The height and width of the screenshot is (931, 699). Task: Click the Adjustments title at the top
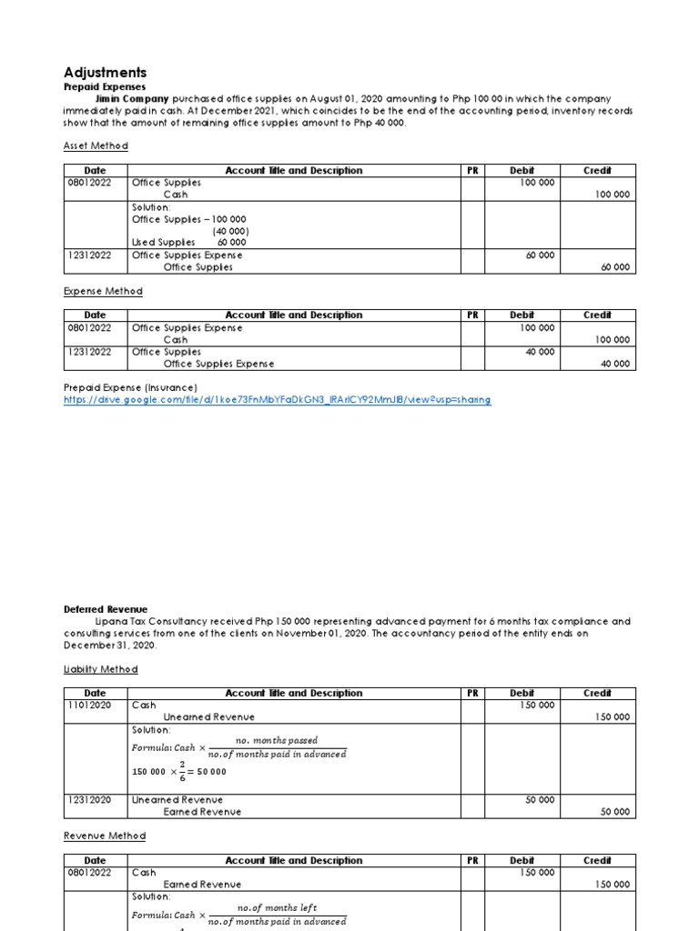(105, 72)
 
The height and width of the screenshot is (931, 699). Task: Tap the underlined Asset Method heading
(96, 145)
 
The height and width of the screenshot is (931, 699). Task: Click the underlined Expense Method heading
(103, 291)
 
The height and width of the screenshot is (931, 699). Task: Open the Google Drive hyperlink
(277, 400)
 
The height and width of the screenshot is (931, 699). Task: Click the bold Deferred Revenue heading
(106, 609)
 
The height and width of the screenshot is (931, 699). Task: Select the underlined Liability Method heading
(100, 669)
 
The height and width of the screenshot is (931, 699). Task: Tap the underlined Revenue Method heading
(104, 836)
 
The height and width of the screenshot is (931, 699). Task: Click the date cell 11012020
(89, 705)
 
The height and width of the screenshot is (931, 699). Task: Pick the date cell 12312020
(89, 800)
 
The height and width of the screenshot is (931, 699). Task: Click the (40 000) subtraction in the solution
(232, 231)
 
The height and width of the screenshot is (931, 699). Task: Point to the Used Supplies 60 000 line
(189, 243)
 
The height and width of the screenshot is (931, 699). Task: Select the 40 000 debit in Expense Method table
(539, 352)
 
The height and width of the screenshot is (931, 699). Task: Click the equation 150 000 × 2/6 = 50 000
(179, 771)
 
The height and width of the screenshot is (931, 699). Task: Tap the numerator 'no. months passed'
(277, 740)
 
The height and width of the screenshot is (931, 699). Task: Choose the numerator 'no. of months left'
(277, 907)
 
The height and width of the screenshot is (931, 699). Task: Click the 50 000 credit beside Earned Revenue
(613, 812)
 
